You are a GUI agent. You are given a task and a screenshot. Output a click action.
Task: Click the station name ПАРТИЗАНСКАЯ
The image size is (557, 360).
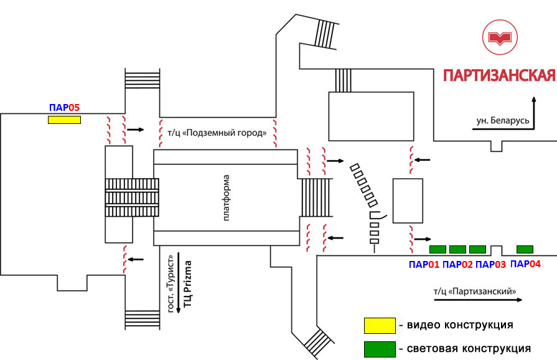pyautogui.click(x=498, y=75)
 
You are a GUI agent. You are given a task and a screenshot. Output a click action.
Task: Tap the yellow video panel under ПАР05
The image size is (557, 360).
pyautogui.click(x=65, y=120)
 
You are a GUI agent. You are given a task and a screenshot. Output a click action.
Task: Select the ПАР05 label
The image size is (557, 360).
pyautogui.click(x=65, y=107)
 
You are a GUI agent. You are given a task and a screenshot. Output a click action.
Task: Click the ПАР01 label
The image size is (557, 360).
pyautogui.click(x=424, y=264)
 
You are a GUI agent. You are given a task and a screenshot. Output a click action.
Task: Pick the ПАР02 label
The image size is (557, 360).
pyautogui.click(x=457, y=264)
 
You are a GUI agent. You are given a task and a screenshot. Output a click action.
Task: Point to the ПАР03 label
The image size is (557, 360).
pyautogui.click(x=491, y=264)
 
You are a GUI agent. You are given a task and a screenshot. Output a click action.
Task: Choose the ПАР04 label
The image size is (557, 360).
pyautogui.click(x=525, y=263)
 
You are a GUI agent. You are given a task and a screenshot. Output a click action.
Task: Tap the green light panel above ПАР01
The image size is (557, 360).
pyautogui.click(x=439, y=249)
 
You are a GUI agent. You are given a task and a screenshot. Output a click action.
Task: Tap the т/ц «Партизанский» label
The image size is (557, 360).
pyautogui.click(x=475, y=291)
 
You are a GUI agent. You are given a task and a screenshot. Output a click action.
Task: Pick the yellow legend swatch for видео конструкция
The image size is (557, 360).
pyautogui.click(x=380, y=325)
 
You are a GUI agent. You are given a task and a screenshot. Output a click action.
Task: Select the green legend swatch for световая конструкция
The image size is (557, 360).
pyautogui.click(x=380, y=348)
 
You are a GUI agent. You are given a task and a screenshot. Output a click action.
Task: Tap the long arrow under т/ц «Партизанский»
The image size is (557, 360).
pyautogui.click(x=477, y=300)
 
